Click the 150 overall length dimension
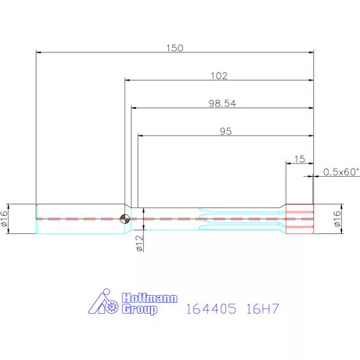(x=175, y=48)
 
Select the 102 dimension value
(x=219, y=76)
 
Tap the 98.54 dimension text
(x=222, y=103)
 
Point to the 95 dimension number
(x=225, y=131)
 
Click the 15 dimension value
(x=300, y=159)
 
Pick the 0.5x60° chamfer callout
(x=341, y=172)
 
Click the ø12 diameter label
(x=140, y=243)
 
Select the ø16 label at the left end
(x=5, y=218)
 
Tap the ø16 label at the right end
(x=337, y=218)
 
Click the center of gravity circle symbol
(x=124, y=218)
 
